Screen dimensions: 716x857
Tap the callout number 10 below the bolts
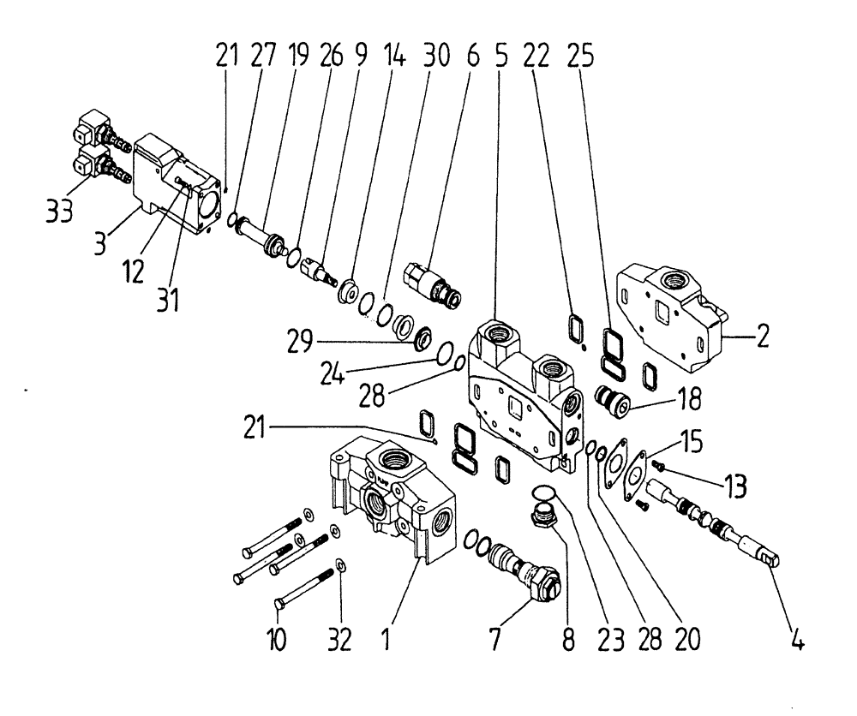coord(278,640)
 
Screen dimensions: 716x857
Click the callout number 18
coord(689,398)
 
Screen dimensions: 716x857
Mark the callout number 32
coord(340,640)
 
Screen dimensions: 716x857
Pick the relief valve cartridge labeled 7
coord(518,569)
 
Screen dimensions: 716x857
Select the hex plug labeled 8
coord(545,518)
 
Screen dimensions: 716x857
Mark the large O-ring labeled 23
coord(542,491)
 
